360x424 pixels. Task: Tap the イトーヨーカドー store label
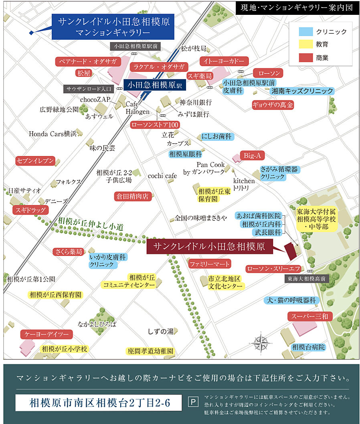(224, 61)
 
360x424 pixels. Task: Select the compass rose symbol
(261, 343)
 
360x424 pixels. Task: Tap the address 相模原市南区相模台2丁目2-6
(100, 403)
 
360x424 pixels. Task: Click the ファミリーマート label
(210, 264)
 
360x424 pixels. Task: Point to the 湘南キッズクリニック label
(302, 91)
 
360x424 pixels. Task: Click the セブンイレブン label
(35, 161)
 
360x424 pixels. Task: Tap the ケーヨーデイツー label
(47, 334)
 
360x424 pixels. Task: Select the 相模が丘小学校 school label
(64, 349)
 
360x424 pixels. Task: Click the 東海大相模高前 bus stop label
(308, 278)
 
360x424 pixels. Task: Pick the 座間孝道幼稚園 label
(151, 351)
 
